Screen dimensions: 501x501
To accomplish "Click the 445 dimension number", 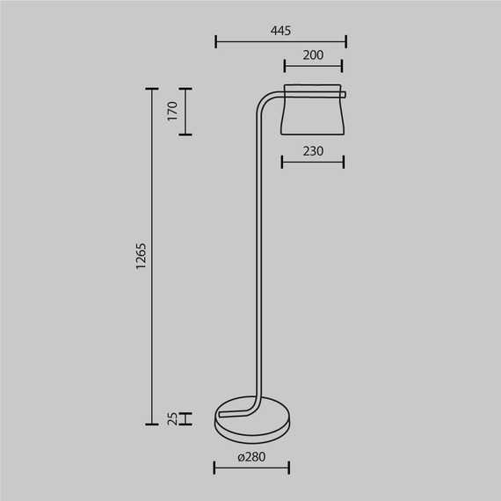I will point(280,31).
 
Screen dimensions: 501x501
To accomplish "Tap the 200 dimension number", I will point(313,55).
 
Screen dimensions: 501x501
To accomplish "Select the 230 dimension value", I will point(313,151).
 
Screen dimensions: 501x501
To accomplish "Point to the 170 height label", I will point(172,111).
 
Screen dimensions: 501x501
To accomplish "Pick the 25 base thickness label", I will point(172,418).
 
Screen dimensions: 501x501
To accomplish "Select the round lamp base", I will point(253,422).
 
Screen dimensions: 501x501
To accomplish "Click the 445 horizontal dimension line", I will point(280,41).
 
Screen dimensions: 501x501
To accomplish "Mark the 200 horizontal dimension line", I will point(313,66).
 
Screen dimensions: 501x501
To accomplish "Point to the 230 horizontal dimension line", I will point(313,162).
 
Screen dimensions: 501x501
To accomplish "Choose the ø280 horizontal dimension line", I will point(252,467).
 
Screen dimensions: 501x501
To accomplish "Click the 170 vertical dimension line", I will point(185,112).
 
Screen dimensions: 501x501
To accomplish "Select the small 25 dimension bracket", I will point(185,418).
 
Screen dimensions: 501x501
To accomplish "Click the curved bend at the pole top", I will point(264,99).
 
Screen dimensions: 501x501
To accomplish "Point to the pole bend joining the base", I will point(252,406).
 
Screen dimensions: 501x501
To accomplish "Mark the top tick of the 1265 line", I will point(151,88).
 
